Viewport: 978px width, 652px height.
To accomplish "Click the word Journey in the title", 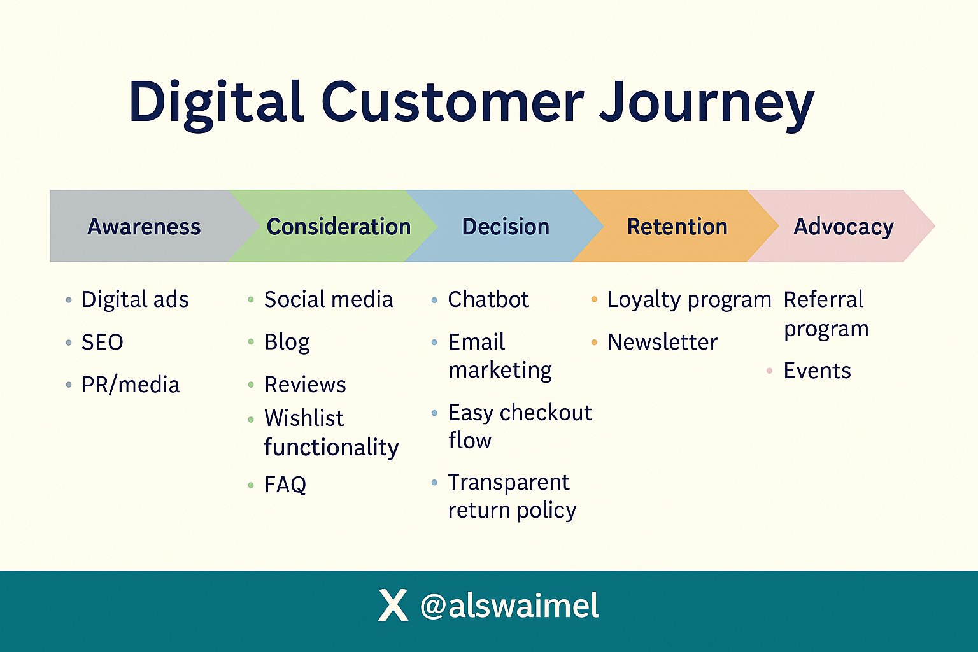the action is (x=707, y=105).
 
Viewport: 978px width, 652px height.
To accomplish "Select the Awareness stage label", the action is (x=144, y=227).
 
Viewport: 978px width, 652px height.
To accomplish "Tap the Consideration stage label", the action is (x=339, y=227).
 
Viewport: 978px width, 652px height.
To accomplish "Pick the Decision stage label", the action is (x=506, y=227).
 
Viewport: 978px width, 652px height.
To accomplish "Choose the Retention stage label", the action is (x=677, y=227).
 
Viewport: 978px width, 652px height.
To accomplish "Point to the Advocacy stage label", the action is (x=844, y=227).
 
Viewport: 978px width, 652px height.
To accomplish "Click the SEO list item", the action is (x=103, y=342).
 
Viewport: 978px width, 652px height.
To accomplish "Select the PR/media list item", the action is (x=131, y=385).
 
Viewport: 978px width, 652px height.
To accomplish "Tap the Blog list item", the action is (x=287, y=343).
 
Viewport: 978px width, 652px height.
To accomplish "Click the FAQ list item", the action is (x=285, y=485).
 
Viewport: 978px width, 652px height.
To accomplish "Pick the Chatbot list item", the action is (x=488, y=300).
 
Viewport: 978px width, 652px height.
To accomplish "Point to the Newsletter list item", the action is (x=662, y=342).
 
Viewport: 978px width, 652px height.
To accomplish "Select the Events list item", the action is (x=818, y=371).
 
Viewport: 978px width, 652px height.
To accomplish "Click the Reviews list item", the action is (x=305, y=385).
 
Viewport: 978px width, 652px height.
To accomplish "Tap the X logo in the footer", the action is (x=393, y=606).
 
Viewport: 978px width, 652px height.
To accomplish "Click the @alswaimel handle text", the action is (x=509, y=606).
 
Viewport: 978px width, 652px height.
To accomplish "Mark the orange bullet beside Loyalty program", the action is (x=594, y=300).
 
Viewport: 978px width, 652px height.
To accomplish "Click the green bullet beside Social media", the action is (x=251, y=300).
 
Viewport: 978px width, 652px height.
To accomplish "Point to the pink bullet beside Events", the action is (x=769, y=371).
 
